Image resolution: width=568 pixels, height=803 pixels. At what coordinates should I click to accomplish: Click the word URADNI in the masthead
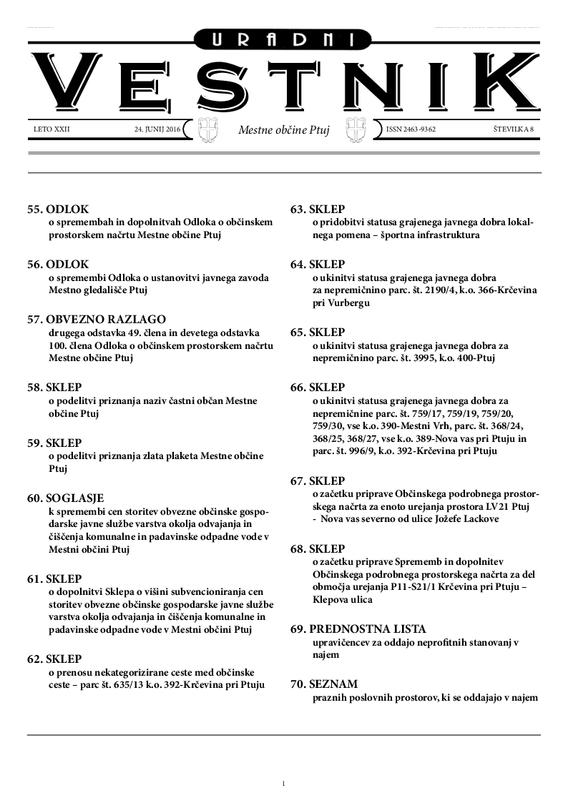(284, 41)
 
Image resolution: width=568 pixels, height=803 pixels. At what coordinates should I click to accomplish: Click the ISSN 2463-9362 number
(411, 130)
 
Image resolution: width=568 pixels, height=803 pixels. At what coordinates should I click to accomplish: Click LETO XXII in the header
(52, 130)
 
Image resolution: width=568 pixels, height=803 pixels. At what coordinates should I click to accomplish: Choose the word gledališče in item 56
(111, 291)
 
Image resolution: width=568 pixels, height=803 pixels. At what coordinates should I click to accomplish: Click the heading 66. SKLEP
(317, 388)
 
